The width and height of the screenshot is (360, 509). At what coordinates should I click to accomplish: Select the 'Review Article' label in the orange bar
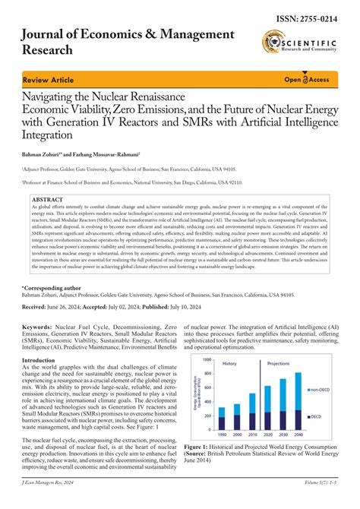[x=46, y=78]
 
